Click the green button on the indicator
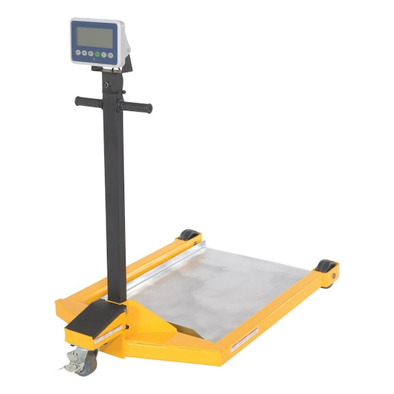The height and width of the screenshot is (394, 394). coord(97,55)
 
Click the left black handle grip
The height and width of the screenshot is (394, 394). coord(88,102)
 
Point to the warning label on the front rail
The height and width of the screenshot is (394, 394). coord(245,339)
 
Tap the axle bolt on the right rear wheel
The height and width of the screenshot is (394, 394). coord(332,276)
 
